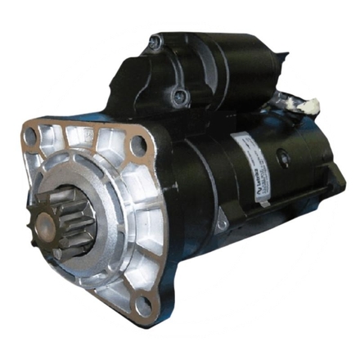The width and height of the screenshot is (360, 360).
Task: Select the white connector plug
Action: [x=308, y=106]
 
